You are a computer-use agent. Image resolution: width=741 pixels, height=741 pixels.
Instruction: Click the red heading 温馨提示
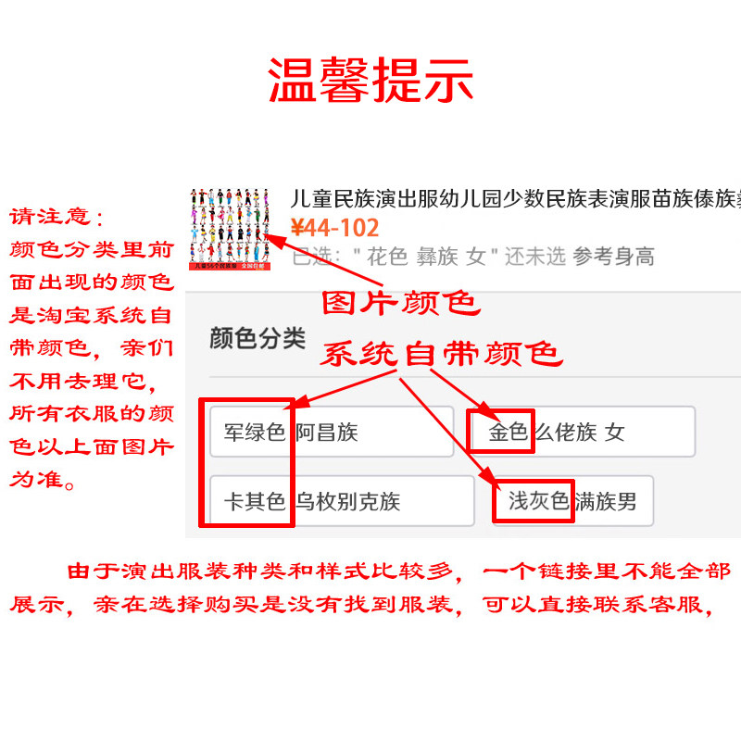pos(370,81)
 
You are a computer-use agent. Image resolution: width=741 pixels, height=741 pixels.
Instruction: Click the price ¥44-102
pos(334,228)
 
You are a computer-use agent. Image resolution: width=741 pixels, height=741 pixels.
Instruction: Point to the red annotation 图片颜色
pos(399,304)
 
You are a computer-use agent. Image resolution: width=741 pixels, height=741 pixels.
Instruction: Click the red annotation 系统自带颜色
pos(441,354)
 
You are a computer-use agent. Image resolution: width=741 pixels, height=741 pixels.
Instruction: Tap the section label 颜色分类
pos(257,338)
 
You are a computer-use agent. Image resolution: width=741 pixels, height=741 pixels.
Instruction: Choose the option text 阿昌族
pos(327,432)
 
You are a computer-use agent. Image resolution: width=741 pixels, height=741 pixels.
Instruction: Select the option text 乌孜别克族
pos(348,502)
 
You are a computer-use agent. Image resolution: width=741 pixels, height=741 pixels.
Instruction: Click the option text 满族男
pos(606,502)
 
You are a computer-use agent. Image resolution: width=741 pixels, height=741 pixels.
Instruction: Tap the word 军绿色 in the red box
pos(254,432)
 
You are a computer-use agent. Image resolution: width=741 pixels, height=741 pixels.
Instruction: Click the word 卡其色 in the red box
pos(254,502)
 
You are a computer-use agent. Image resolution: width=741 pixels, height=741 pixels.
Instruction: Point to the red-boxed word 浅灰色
pos(538,502)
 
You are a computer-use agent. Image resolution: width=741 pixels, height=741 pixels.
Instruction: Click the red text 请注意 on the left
pos(53,217)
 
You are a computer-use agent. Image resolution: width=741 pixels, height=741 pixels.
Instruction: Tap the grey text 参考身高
pos(613,257)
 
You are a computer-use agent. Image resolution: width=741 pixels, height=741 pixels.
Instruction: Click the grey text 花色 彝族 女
pos(425,257)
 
